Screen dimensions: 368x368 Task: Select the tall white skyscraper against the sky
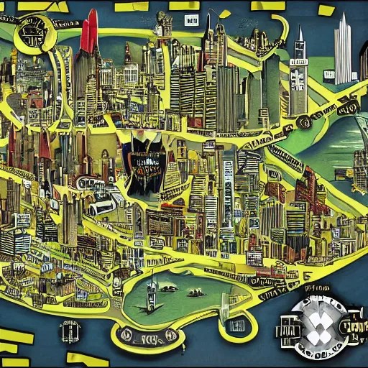[344, 50]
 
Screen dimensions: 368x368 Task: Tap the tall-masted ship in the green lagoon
[152, 293]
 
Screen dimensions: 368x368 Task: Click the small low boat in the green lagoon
[195, 293]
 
